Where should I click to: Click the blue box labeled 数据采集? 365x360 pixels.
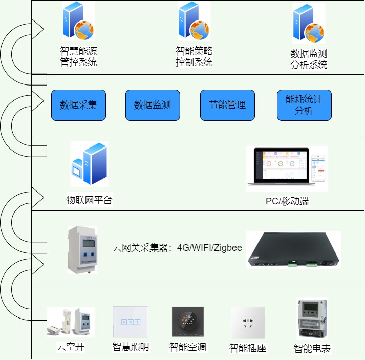(x=78, y=105)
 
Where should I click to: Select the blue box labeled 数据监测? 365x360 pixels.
(x=153, y=105)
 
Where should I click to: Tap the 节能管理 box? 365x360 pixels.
(x=227, y=105)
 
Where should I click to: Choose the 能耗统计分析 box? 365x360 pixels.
(x=304, y=105)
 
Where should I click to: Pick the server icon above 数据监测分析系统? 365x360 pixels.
(x=308, y=24)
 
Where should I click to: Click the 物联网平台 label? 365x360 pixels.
(x=89, y=200)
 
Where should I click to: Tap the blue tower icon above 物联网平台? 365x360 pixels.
(x=90, y=164)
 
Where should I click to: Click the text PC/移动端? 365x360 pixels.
(x=287, y=201)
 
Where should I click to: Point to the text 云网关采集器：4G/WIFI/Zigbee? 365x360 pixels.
(x=177, y=248)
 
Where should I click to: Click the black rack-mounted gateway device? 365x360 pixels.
(x=293, y=249)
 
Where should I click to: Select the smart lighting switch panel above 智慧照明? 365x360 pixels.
(x=131, y=322)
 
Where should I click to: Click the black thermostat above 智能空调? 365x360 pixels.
(x=188, y=322)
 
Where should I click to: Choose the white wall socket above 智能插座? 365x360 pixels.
(x=248, y=323)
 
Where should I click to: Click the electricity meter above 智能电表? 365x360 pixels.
(x=312, y=319)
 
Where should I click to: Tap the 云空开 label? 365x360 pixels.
(x=70, y=347)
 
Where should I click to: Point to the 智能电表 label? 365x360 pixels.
(x=312, y=349)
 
